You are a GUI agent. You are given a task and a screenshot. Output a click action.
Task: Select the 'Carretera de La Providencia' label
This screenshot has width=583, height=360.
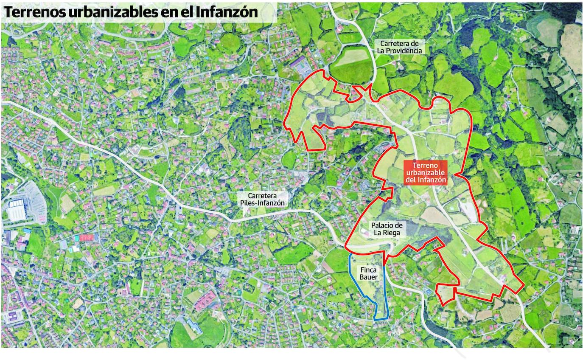click(399, 47)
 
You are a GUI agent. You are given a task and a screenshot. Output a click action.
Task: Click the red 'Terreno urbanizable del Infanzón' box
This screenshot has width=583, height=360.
click(426, 173)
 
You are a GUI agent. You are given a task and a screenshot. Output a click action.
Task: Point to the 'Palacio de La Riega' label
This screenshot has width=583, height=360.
click(387, 229)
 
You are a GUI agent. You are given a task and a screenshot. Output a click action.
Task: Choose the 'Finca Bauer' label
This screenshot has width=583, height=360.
click(368, 273)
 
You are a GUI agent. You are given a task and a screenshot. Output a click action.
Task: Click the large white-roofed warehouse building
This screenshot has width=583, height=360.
click(17, 211)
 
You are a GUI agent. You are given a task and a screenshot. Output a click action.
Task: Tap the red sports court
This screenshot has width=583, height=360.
click(86, 237)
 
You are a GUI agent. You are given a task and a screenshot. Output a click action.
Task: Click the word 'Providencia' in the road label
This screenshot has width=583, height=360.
click(399, 51)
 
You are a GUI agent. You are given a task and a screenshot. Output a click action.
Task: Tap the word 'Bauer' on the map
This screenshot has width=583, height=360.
click(368, 277)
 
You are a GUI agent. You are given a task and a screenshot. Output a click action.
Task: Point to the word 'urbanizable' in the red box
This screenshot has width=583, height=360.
click(426, 173)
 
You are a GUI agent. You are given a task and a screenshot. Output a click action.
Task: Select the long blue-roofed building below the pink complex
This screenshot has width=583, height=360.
click(194, 326)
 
